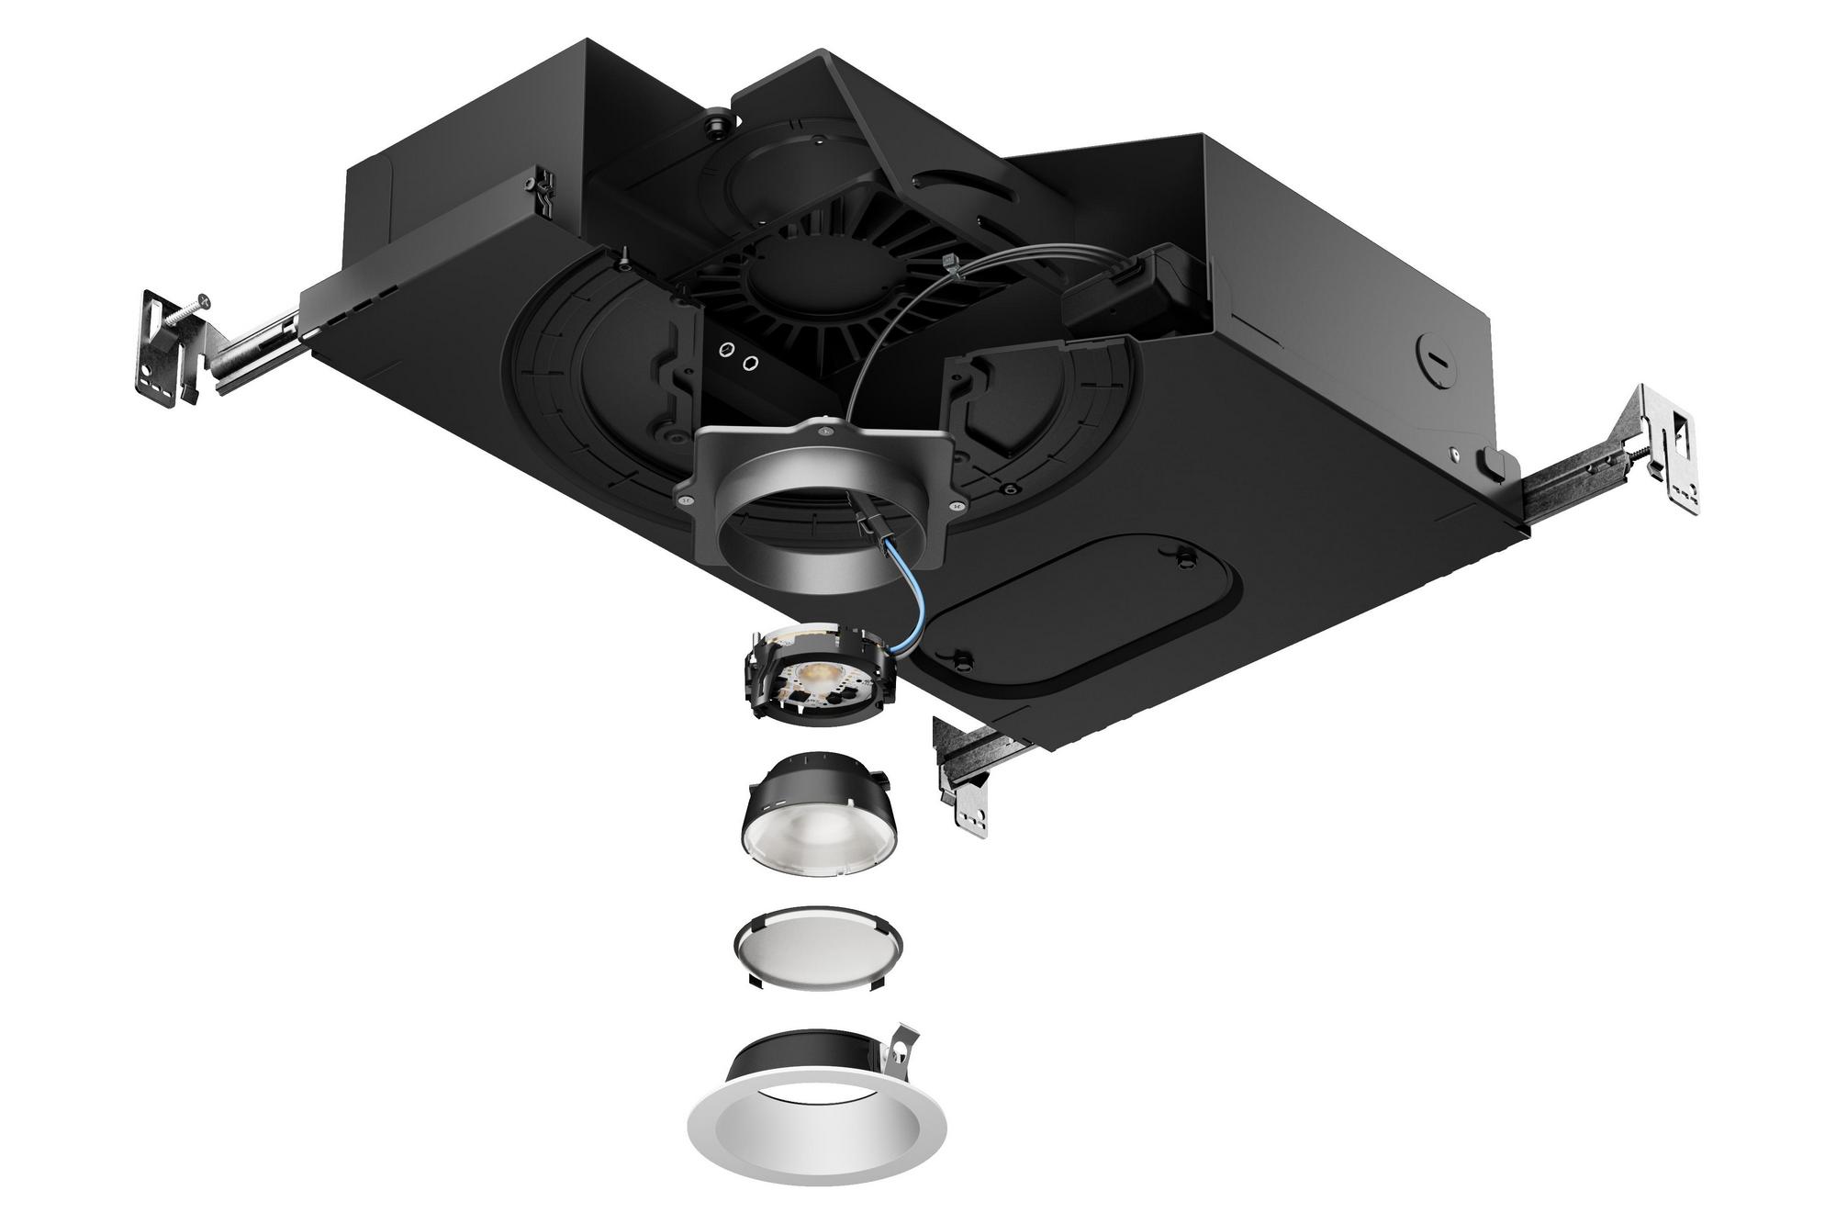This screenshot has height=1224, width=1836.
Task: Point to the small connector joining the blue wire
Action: (868, 528)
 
